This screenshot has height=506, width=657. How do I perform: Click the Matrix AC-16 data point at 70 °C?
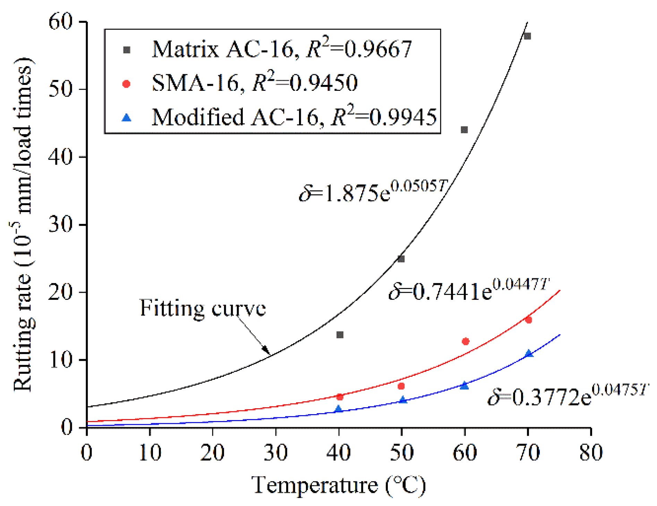click(x=527, y=36)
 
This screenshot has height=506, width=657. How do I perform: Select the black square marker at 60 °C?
click(x=464, y=130)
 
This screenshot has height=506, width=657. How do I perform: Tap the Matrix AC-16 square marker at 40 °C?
click(x=340, y=335)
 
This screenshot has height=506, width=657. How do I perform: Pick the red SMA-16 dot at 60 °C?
click(x=466, y=341)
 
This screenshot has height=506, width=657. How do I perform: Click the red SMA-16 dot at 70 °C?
click(x=528, y=320)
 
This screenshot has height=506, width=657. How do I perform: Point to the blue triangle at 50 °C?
click(x=403, y=400)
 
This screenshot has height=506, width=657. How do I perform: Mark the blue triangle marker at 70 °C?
click(x=529, y=354)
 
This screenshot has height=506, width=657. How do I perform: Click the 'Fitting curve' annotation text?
click(x=203, y=308)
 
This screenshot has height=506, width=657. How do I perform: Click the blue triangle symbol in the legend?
click(x=127, y=117)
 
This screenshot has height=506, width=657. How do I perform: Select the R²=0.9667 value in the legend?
click(x=359, y=49)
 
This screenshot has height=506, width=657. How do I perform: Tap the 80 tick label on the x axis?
click(x=591, y=453)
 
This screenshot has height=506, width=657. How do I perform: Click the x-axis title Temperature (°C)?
click(x=338, y=485)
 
